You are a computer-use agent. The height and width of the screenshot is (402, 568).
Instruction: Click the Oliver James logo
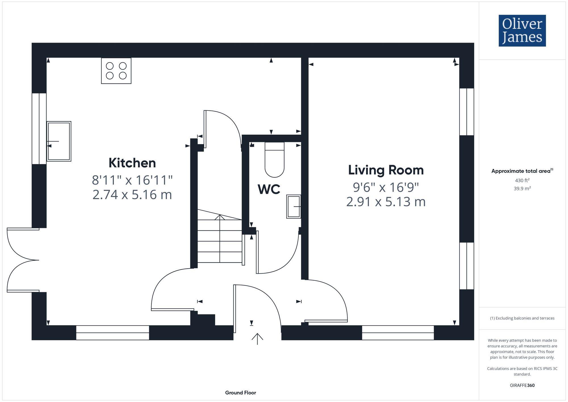[522, 31]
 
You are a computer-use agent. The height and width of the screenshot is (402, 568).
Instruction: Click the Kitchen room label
[132, 163]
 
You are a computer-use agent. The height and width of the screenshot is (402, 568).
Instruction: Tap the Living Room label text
[386, 170]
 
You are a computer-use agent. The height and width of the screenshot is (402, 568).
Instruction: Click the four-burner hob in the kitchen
[116, 71]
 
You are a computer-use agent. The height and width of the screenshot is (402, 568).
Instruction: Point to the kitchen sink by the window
[59, 141]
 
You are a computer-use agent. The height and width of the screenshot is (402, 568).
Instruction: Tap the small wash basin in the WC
[294, 207]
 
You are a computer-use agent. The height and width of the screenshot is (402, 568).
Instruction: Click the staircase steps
[220, 241]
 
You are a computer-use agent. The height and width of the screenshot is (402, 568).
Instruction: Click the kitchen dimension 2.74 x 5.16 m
[132, 195]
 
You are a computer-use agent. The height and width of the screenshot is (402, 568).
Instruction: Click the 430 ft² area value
[522, 180]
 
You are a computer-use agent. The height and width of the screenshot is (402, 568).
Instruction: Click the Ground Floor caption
[241, 393]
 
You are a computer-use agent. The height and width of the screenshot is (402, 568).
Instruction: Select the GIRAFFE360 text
[522, 386]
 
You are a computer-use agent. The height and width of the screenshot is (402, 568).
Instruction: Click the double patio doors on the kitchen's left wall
[23, 260]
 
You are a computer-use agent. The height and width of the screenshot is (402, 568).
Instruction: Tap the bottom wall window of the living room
[398, 333]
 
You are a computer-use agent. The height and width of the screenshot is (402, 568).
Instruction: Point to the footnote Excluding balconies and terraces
[522, 318]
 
